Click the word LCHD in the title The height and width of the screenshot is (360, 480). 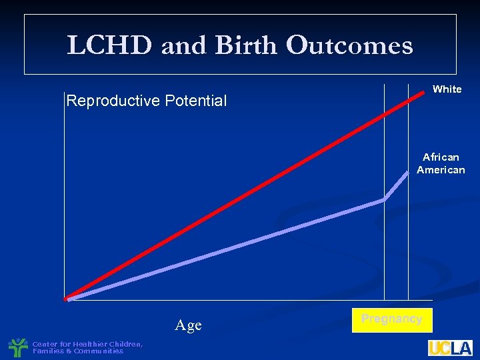(109, 45)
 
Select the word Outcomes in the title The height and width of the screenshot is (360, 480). (349, 45)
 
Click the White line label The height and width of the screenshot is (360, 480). (447, 89)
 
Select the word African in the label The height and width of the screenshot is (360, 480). (441, 157)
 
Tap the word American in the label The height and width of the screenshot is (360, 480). (441, 170)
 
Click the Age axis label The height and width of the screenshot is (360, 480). (188, 325)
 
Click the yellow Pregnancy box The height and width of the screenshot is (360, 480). (392, 319)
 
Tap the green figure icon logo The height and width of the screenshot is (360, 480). (18, 347)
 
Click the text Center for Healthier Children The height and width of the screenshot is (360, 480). (87, 344)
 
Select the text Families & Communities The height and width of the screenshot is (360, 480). (78, 351)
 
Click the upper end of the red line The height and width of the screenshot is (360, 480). (421, 93)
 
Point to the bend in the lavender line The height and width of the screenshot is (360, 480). (384, 199)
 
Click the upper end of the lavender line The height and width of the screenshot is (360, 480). (408, 173)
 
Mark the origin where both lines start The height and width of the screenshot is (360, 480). (67, 299)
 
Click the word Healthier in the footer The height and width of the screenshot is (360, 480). (93, 344)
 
